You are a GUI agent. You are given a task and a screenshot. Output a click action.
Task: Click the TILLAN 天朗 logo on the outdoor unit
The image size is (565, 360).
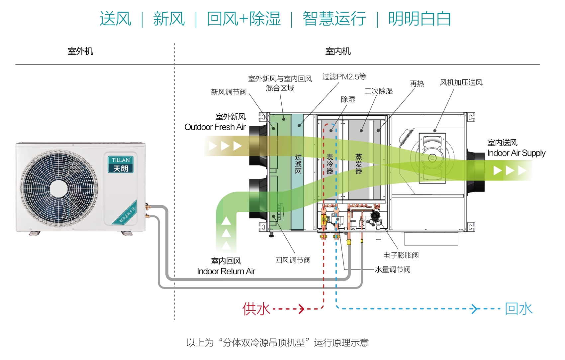tap(121, 165)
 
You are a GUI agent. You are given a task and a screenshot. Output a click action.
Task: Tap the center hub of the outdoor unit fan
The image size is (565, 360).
tap(59, 188)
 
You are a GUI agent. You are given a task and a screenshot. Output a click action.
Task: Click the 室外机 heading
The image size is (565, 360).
tap(80, 51)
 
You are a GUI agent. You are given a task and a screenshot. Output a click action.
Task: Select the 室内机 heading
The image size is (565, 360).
tap(338, 51)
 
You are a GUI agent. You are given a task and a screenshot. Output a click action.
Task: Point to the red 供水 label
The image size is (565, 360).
tap(256, 309)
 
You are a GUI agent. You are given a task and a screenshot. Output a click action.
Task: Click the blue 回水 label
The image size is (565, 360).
tap(518, 309)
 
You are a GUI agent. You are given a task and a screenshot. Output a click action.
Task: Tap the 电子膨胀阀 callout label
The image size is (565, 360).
tap(401, 255)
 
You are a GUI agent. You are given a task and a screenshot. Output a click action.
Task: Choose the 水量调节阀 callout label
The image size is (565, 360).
tap(393, 270)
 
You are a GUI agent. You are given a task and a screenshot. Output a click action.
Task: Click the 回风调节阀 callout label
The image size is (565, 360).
tap(293, 260)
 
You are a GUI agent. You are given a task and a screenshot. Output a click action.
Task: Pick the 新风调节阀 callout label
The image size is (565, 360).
tap(229, 92)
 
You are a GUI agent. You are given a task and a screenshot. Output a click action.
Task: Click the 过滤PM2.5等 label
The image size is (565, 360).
tap(344, 77)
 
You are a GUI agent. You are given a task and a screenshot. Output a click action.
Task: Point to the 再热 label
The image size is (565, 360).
tap(417, 84)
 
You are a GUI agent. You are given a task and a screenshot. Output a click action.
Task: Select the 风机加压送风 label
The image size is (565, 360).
tap(461, 82)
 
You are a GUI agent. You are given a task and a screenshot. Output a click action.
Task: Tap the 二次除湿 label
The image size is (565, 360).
tap(378, 91)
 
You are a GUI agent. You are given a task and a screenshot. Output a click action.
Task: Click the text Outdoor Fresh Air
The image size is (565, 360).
tap(215, 127)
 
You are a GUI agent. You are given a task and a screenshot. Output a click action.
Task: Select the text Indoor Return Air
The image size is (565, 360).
tap(226, 271)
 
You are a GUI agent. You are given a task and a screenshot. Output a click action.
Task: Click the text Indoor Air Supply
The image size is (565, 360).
tap(516, 153)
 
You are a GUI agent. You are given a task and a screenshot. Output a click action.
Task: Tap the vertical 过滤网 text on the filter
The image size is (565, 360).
tap(298, 164)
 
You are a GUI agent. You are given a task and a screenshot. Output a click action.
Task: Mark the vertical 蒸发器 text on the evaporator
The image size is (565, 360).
tap(359, 164)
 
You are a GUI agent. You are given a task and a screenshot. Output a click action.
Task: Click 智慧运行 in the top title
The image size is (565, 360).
tap(334, 19)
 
